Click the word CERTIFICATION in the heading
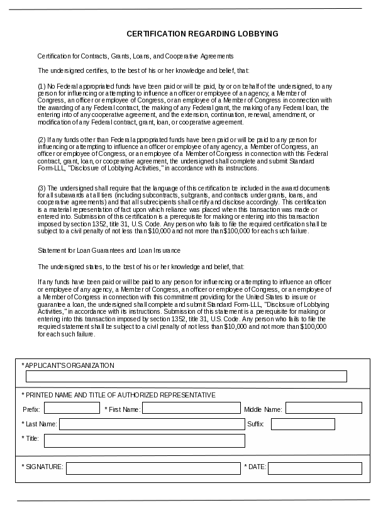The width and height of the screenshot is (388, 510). click(152, 33)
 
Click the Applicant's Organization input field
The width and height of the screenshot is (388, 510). click(186, 377)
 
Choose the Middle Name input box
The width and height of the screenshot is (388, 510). click(323, 408)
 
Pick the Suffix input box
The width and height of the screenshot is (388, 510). click(302, 424)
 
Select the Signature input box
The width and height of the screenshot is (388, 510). click(153, 468)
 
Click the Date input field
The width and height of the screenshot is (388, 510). click(314, 468)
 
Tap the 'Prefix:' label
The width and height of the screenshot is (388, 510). click(31, 409)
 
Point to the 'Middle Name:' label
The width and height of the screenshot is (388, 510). click(263, 409)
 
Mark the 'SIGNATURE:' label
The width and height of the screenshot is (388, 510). click(42, 467)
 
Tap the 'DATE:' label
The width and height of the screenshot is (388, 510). click(255, 467)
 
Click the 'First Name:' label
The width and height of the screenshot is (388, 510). click(123, 409)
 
